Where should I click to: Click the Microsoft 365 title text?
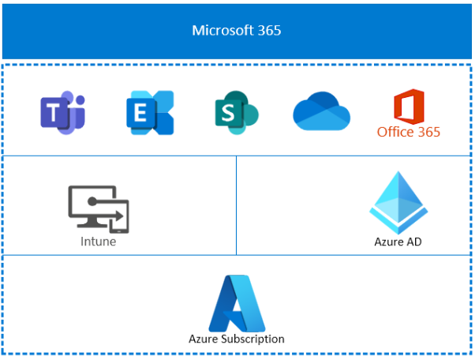coord(237,31)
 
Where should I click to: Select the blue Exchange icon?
coord(150,112)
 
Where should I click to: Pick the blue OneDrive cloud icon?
coord(321,112)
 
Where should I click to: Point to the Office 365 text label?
coord(409,132)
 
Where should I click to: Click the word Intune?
coord(98,242)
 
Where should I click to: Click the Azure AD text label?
coord(398,242)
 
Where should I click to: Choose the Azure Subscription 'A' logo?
coord(237,302)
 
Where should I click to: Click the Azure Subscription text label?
coord(237,339)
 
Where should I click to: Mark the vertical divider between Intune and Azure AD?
coord(237,205)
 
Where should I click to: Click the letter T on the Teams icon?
coord(55,114)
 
